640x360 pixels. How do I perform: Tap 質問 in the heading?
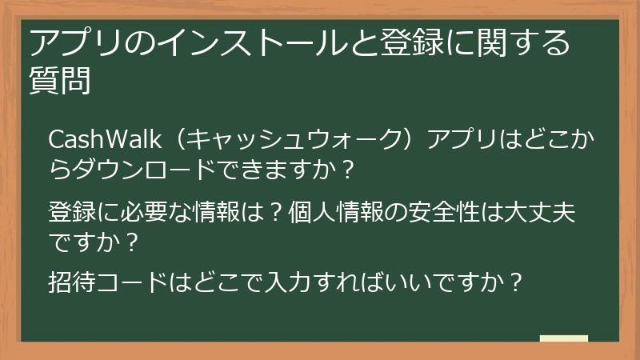pyautogui.click(x=58, y=80)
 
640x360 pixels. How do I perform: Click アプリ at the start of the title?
pyautogui.click(x=71, y=42)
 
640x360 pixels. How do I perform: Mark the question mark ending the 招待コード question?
pyautogui.click(x=516, y=282)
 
